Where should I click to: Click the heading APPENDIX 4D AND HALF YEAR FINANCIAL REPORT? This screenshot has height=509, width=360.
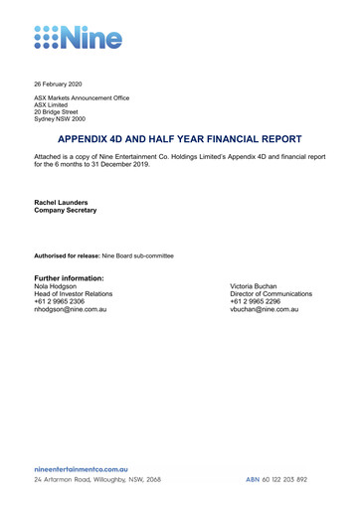(x=179, y=140)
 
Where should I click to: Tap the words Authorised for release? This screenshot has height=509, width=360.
(x=65, y=256)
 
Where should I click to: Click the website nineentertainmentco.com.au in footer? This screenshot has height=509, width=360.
(x=82, y=468)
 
